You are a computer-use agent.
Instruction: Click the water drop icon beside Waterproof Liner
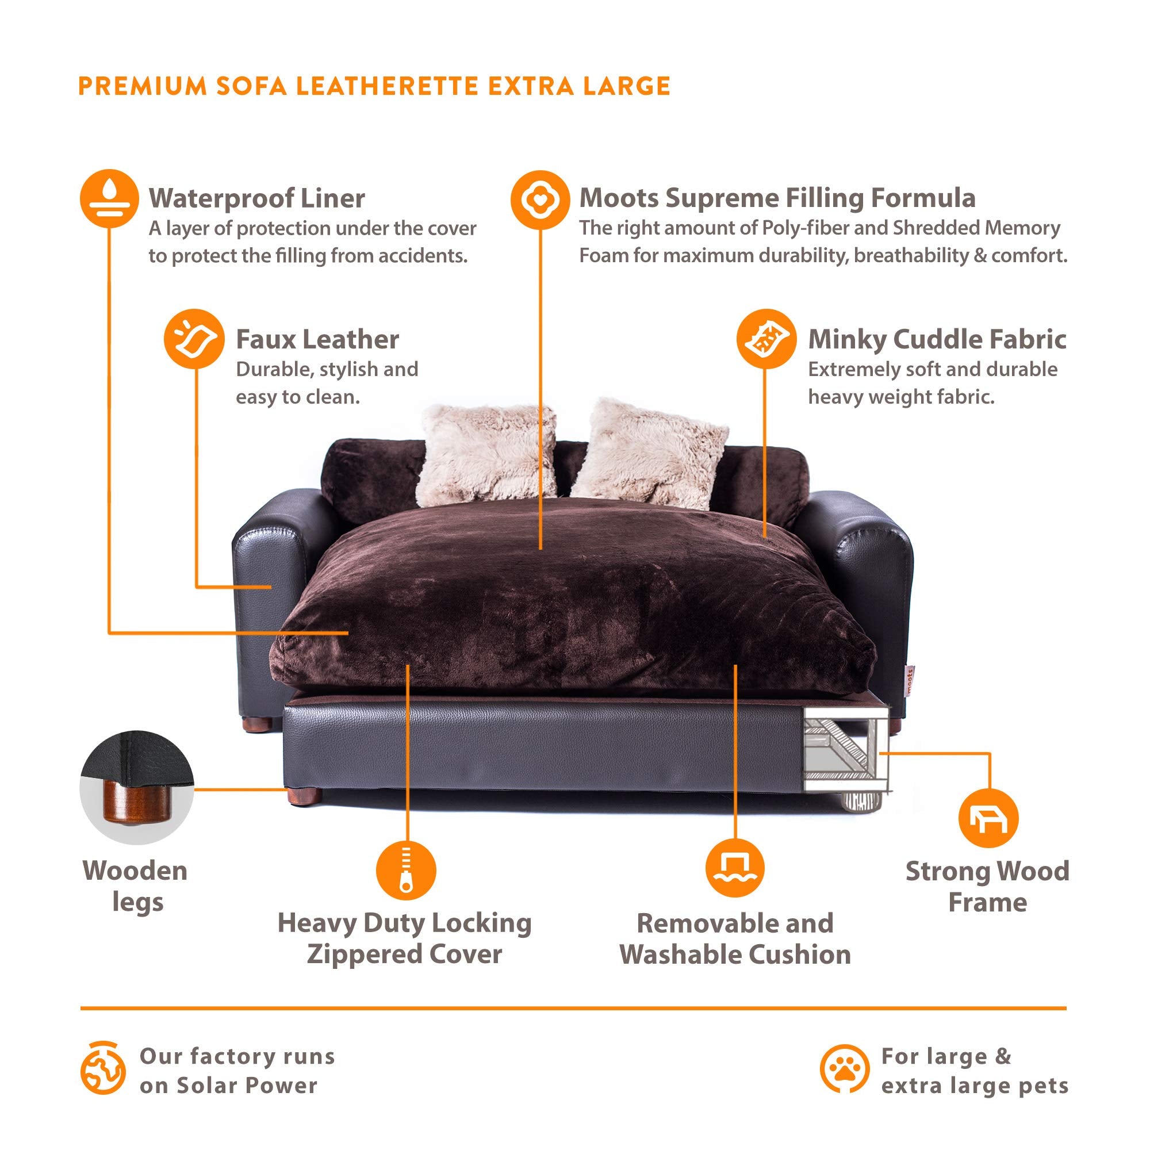tap(109, 199)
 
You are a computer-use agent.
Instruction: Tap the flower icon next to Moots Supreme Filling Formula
tap(540, 200)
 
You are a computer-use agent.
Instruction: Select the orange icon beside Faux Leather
tap(194, 339)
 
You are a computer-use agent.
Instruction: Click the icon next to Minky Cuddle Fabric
tap(766, 339)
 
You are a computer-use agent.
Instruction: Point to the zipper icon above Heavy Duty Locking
tap(406, 870)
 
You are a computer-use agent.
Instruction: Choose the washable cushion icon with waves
tap(735, 868)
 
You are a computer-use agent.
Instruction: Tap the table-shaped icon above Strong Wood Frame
tap(988, 818)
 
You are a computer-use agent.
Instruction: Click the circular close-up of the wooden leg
tap(137, 787)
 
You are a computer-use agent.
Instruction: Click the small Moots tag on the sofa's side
tap(909, 678)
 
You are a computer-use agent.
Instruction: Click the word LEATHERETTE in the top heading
tap(387, 86)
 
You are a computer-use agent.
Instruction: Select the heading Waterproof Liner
tap(256, 199)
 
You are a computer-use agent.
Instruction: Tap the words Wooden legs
tap(136, 886)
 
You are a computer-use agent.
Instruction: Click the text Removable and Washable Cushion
tap(735, 939)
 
